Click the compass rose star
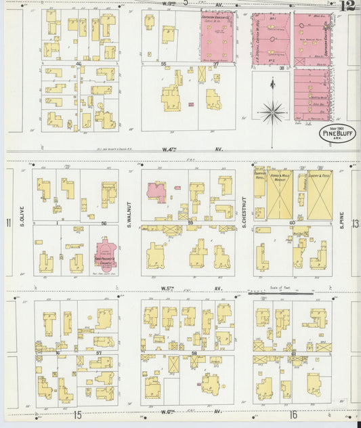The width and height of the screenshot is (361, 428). pos(272,111)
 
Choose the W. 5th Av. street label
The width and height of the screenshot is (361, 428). pos(177,288)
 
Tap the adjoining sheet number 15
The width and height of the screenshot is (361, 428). pos(79,414)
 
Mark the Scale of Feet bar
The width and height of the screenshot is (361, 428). pos(280,294)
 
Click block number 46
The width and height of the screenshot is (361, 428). pos(79,64)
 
